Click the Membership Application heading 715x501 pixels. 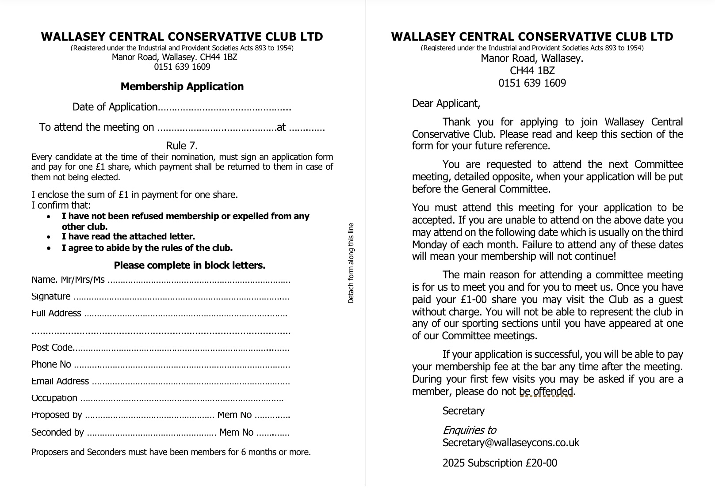(x=182, y=87)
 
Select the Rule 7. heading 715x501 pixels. (x=182, y=146)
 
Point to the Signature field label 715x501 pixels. (x=51, y=296)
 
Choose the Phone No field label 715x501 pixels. (x=51, y=364)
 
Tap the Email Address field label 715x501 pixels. (x=60, y=381)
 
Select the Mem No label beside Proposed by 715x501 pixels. (x=235, y=415)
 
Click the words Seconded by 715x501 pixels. (x=57, y=433)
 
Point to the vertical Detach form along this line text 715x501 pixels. (x=351, y=263)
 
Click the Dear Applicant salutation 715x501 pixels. (x=446, y=103)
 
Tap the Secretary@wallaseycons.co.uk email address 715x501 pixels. (x=511, y=443)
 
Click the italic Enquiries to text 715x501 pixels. (x=469, y=430)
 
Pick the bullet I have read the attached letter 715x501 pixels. (x=128, y=237)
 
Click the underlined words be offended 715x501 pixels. (x=546, y=391)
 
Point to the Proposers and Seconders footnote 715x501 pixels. (x=171, y=452)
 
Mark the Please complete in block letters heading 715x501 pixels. (x=190, y=266)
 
